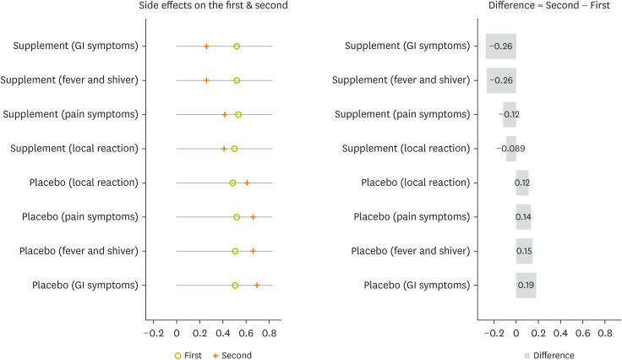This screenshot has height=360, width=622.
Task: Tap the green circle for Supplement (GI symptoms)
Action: click(x=237, y=46)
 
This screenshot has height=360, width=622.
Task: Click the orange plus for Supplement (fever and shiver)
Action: click(x=206, y=80)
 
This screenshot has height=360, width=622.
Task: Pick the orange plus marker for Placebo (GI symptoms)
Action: click(x=257, y=286)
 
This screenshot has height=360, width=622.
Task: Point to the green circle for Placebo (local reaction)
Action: click(x=232, y=183)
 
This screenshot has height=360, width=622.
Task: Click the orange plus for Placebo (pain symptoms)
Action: click(x=253, y=217)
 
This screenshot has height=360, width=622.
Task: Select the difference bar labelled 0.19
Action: click(x=527, y=286)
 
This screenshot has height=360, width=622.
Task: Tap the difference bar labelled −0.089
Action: click(x=510, y=149)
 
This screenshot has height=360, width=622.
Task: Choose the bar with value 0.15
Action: click(x=524, y=251)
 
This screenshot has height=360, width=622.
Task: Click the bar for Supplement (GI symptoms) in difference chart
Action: click(x=501, y=46)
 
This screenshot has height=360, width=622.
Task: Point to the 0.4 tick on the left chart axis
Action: click(x=223, y=334)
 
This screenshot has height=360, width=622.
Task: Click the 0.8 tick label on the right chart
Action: click(x=604, y=334)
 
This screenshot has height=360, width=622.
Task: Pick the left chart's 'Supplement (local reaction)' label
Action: click(x=74, y=149)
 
